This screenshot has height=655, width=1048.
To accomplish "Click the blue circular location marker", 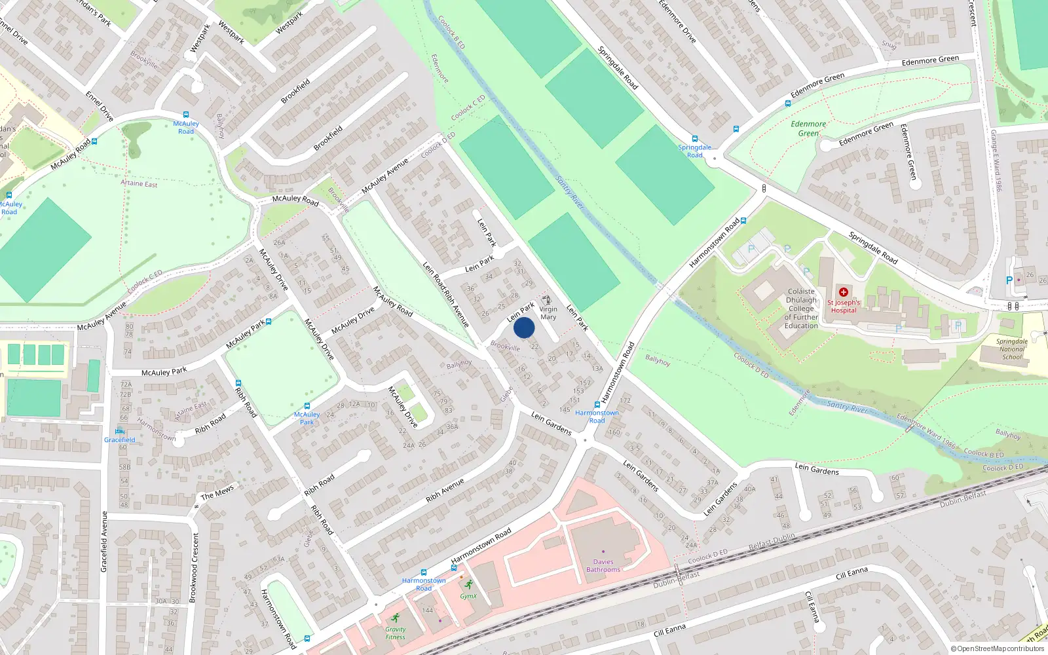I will click(524, 327).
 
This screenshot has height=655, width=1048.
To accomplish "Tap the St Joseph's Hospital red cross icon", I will click(843, 292).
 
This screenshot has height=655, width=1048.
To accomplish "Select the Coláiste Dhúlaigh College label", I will click(801, 309).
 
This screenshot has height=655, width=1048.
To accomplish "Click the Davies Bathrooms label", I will click(603, 565).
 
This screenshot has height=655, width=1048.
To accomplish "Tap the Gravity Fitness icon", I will click(396, 618).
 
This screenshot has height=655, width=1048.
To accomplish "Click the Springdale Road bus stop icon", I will click(695, 139).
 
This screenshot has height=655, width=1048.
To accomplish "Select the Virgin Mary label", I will click(548, 313).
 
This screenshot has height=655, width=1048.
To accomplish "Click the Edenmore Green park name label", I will click(808, 128).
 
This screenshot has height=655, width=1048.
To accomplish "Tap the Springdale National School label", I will click(1012, 349).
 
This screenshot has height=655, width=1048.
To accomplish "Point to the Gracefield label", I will click(120, 440).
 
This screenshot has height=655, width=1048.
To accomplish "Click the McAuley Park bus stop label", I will click(307, 418).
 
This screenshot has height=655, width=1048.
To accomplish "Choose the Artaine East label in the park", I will click(139, 183).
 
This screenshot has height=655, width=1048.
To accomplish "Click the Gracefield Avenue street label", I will click(104, 542).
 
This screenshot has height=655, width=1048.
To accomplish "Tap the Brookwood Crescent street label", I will click(193, 567).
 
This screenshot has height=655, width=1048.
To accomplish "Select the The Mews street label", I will click(217, 493).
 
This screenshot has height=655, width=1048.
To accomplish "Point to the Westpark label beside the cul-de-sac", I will click(198, 39).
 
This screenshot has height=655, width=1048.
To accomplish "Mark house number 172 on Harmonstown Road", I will click(625, 400).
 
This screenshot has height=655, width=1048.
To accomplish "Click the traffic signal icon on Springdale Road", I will click(764, 189).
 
